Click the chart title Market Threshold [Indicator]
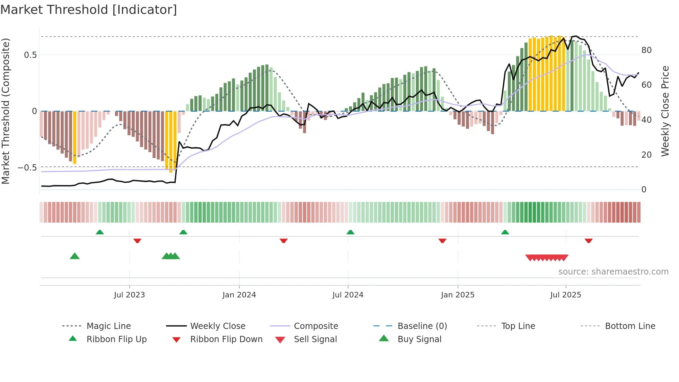(89, 10)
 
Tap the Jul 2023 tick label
(129, 295)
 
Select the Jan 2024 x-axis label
(239, 295)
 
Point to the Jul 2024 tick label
(348, 295)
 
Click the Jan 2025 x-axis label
(458, 295)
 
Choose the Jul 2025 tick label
(566, 295)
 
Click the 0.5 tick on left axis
(30, 55)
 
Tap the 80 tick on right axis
(646, 50)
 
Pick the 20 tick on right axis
(646, 155)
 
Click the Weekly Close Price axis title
(665, 111)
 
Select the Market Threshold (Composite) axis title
(6, 111)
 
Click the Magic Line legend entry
(108, 326)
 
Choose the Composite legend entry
(316, 326)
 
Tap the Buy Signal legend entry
(419, 339)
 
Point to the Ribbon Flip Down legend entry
(226, 339)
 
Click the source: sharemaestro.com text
(613, 272)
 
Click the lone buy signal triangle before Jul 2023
(74, 256)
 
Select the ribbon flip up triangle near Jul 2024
(350, 232)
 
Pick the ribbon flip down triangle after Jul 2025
(589, 241)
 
